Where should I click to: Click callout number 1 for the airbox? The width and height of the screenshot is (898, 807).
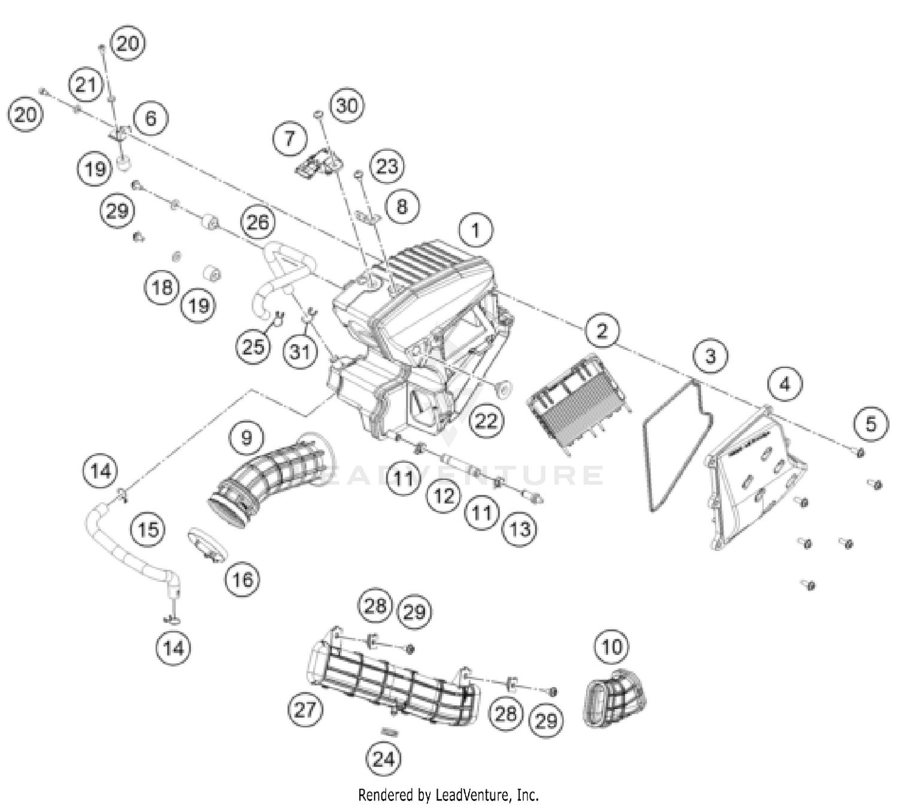[476, 230]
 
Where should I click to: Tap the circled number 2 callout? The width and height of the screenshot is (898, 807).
[602, 330]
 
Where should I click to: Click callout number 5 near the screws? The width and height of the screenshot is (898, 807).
[870, 424]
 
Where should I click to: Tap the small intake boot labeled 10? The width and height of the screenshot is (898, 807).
[614, 697]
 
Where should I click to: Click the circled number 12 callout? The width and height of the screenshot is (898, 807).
[444, 496]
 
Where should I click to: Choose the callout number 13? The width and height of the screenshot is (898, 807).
[520, 529]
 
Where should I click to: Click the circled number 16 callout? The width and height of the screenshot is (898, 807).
[242, 579]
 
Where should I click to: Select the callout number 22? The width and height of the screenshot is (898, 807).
[486, 420]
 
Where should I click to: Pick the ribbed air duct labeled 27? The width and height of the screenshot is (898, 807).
[389, 676]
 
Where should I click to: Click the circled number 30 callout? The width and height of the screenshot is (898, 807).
[347, 106]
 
